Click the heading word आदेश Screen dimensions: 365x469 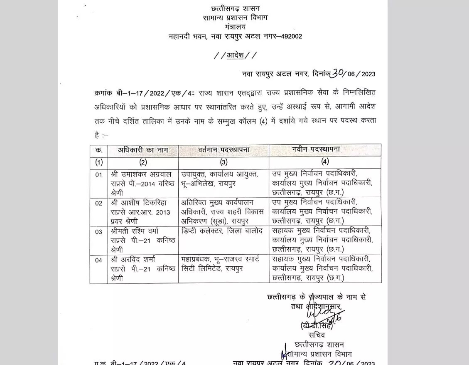(x=235, y=55)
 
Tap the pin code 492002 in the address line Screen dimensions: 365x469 (x=292, y=37)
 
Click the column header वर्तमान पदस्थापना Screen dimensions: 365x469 (x=223, y=150)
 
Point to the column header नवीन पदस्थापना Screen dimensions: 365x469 (x=325, y=150)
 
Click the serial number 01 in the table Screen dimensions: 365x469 (x=98, y=174)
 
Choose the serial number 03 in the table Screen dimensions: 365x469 (x=98, y=232)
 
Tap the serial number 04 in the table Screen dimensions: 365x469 (x=98, y=261)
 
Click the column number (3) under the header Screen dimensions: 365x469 (x=223, y=162)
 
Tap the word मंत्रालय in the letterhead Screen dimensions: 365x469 (x=235, y=27)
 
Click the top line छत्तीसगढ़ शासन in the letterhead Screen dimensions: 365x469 (x=235, y=9)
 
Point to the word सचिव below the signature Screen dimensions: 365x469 (x=317, y=335)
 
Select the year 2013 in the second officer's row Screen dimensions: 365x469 (x=163, y=212)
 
